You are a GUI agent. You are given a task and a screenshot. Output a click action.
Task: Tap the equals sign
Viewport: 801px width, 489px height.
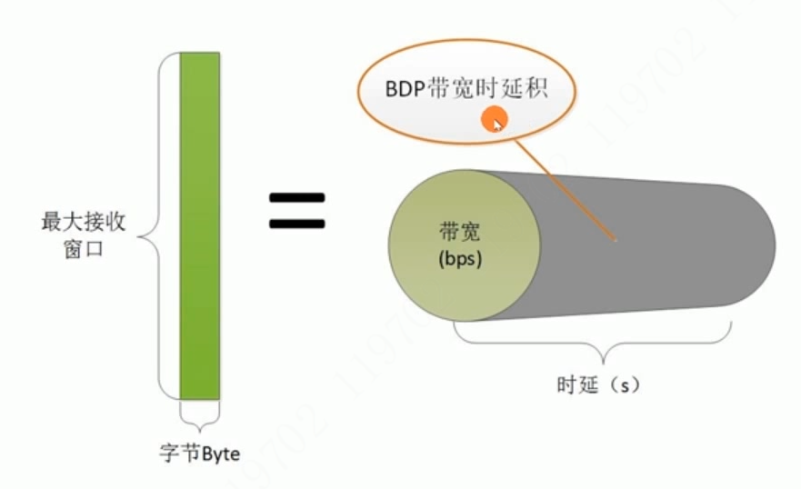[296, 211]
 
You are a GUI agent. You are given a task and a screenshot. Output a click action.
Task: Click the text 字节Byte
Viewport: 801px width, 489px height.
[200, 453]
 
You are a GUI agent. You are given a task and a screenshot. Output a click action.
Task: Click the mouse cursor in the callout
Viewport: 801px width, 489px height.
[495, 121]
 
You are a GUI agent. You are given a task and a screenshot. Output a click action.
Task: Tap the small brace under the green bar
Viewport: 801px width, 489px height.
[200, 416]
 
